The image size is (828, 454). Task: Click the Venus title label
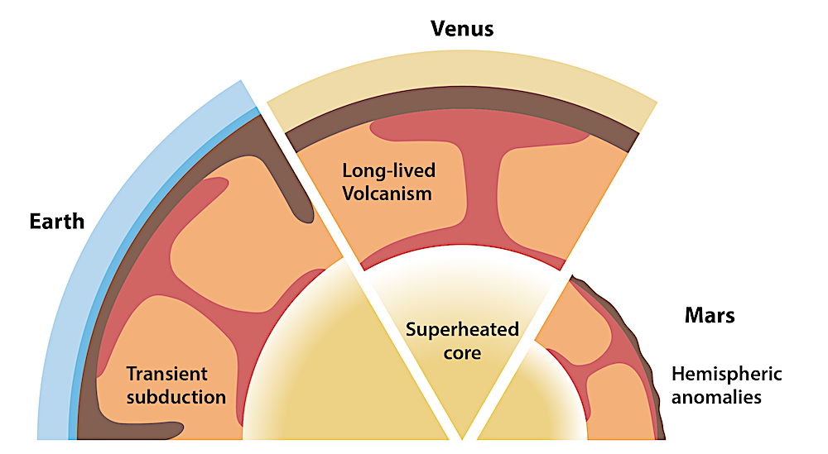462,28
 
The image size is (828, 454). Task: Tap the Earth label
57,222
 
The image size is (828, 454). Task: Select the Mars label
710,315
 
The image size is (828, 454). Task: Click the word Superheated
462,330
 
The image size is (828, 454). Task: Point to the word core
462,353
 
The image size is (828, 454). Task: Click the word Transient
167,374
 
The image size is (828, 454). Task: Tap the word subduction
176,396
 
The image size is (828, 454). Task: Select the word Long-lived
389,171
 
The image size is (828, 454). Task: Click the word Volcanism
387,194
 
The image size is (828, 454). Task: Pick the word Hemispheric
727,374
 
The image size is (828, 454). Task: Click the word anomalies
716,397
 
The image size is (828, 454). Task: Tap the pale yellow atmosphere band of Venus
462,69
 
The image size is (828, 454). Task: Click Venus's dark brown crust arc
462,98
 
